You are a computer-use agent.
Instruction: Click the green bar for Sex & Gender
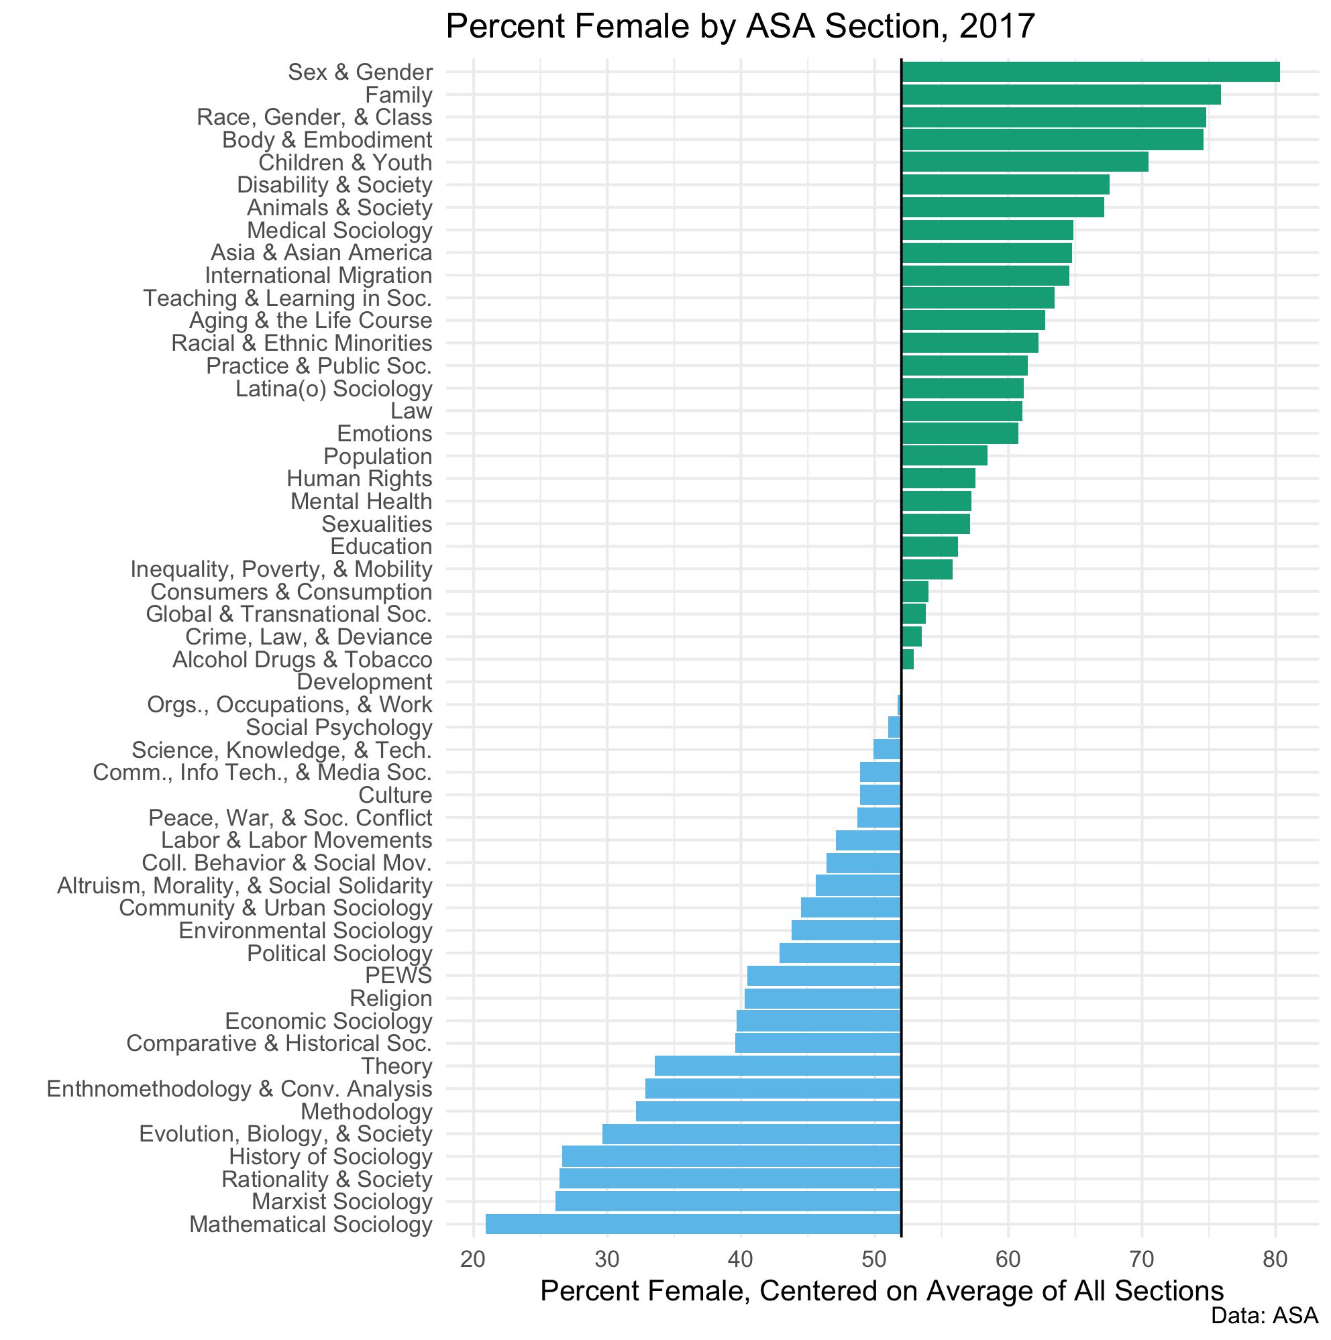1089,72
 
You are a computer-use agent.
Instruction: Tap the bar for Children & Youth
1024,162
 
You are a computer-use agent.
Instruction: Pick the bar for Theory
778,1066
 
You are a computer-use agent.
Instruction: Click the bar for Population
944,456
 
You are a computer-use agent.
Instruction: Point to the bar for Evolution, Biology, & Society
751,1134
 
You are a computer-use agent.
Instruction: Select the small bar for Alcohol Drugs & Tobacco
907,659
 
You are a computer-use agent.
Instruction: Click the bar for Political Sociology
840,953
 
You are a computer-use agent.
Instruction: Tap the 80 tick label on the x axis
1275,1260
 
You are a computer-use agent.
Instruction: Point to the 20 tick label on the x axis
473,1260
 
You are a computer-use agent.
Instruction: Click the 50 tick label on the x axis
873,1260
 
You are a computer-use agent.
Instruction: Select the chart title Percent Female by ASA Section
740,27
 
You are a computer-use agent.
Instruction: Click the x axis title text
882,1292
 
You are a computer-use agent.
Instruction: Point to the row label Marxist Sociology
341,1202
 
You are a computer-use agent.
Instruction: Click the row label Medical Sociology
339,230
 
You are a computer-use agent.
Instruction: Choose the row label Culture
395,795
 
